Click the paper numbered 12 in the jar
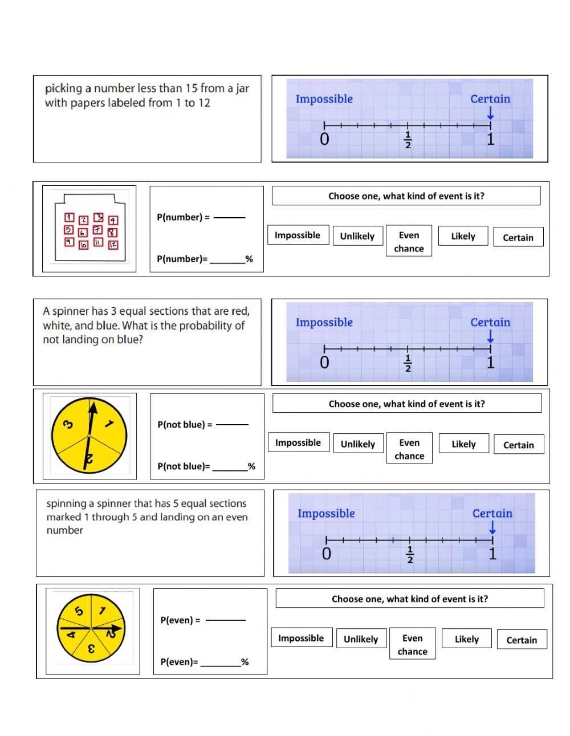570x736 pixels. [x=113, y=245]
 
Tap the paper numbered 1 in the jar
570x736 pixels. [x=69, y=217]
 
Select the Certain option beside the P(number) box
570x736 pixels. [x=518, y=237]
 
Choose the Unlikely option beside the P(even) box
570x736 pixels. [x=361, y=639]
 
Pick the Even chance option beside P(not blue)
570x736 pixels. [x=409, y=449]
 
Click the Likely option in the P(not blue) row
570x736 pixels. [x=463, y=444]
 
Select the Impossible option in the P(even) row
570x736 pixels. [x=300, y=638]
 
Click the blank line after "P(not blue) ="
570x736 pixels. [x=233, y=424]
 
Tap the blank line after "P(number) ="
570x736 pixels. [x=229, y=217]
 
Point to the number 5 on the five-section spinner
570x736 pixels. [x=79, y=611]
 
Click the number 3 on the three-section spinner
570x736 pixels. [x=67, y=424]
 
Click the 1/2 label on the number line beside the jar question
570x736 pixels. [x=408, y=140]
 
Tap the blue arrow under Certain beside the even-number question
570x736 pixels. [x=492, y=528]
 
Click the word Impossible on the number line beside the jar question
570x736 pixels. [x=324, y=99]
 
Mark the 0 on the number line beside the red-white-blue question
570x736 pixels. [x=324, y=362]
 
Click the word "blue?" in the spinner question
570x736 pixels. [x=130, y=340]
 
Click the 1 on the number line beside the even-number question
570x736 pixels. [x=492, y=553]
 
